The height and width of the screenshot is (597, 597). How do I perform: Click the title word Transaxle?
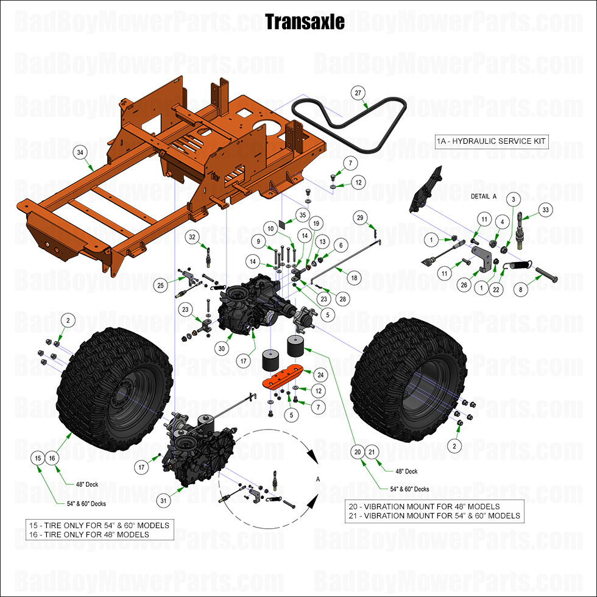[305, 22]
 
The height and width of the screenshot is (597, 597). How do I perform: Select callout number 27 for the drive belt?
[358, 93]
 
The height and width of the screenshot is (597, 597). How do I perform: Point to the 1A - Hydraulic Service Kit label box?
[492, 141]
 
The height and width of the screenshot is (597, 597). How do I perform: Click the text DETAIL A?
[484, 196]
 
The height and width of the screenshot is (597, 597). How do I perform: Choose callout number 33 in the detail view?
[545, 210]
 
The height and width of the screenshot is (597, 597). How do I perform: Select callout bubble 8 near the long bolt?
[520, 291]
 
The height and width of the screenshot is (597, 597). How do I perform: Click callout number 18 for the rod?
[353, 277]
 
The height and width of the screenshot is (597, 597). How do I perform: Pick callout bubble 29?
[360, 218]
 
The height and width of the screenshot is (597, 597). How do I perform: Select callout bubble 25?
[161, 284]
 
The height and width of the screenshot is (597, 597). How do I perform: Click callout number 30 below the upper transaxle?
[222, 348]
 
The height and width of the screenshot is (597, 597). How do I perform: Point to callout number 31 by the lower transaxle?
[163, 501]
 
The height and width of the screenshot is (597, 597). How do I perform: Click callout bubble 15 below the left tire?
[38, 457]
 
